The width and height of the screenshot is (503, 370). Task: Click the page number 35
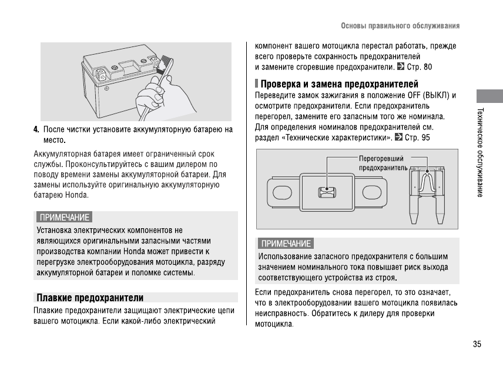point(477,344)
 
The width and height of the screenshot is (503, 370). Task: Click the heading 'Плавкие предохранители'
point(90,298)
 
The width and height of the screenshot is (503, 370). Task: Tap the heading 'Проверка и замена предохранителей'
point(340,84)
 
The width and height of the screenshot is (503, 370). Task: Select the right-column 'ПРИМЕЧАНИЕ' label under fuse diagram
point(286,244)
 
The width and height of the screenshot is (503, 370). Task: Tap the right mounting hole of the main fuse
point(372,193)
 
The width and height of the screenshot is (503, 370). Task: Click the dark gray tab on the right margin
point(489,96)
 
